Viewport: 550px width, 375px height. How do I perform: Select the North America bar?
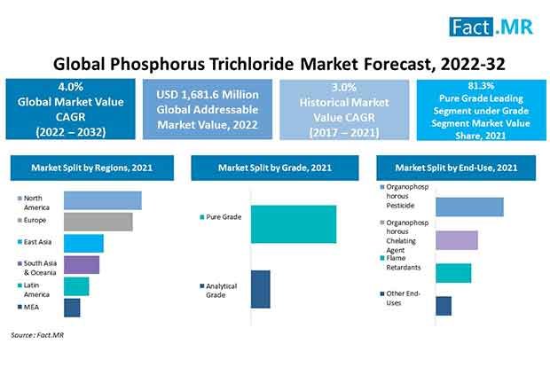pos(102,200)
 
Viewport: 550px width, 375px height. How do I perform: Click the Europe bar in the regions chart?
pos(98,222)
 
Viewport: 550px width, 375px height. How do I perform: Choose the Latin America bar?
pos(76,285)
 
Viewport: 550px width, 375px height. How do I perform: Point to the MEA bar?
pos(72,307)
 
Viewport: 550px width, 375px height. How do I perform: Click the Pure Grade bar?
pos(294,223)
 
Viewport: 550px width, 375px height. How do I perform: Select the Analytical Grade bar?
pos(260,289)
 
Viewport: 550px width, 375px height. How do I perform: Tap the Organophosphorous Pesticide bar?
pos(469,207)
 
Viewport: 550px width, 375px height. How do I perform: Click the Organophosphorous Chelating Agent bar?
pos(457,240)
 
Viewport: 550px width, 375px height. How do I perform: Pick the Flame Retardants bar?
pos(453,272)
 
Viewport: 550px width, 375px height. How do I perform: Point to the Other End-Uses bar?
pos(444,305)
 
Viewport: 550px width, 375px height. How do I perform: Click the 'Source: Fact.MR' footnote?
pos(38,335)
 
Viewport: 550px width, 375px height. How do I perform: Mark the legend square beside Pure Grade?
pos(201,215)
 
